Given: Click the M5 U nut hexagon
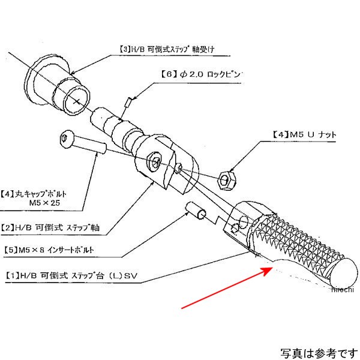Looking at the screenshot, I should [226, 178].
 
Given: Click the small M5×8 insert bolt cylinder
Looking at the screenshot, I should [197, 211].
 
